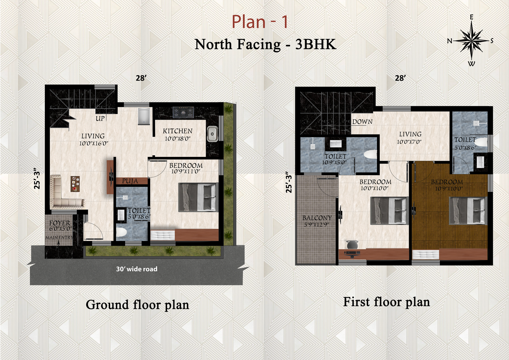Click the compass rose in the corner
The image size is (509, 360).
[x=471, y=41]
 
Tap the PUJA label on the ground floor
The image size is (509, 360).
[x=130, y=181]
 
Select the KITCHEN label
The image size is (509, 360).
[x=178, y=131]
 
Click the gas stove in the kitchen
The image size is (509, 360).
[x=183, y=112]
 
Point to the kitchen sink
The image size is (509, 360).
[x=213, y=134]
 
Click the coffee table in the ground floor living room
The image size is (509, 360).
[x=75, y=184]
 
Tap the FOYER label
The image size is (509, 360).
[x=60, y=223]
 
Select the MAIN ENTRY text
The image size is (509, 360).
[x=59, y=237]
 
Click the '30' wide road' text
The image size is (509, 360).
[x=136, y=269]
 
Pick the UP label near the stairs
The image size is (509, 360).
[x=100, y=118]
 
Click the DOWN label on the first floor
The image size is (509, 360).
[x=362, y=122]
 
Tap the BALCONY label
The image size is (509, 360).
[x=317, y=218]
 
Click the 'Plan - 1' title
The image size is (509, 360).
[x=260, y=22]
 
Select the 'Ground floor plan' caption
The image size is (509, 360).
[x=137, y=305]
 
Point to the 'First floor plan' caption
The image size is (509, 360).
[x=386, y=302]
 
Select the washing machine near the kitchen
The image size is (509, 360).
[x=144, y=116]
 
